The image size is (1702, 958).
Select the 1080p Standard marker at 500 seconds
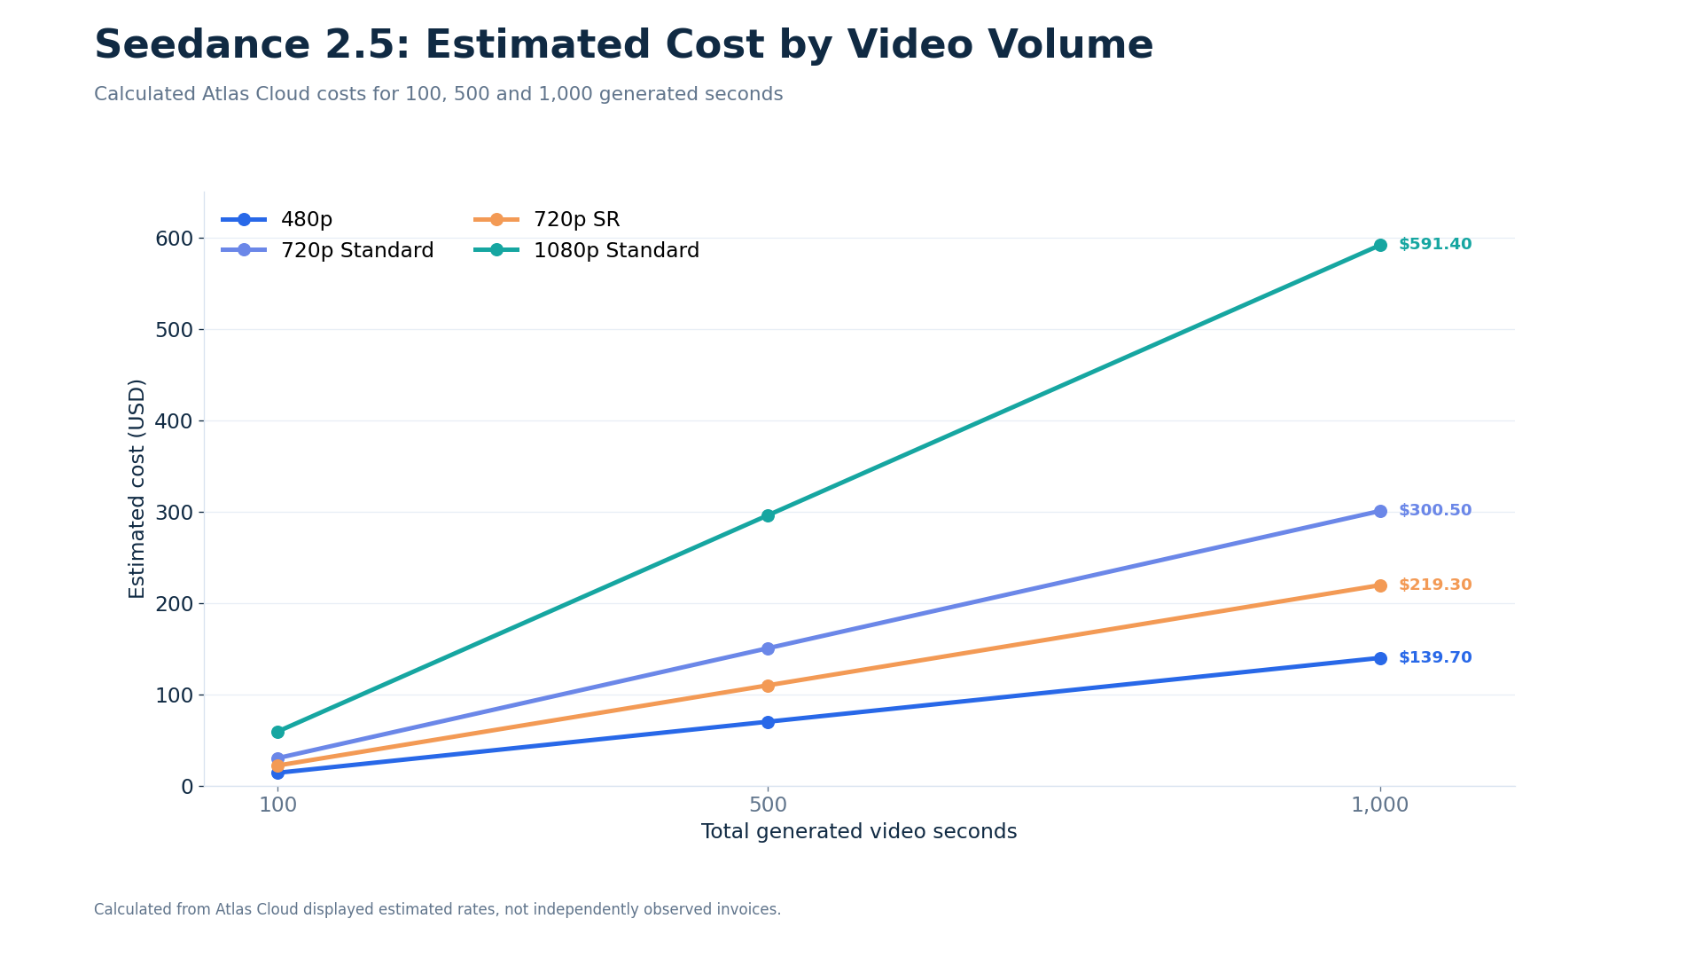pyautogui.click(x=768, y=515)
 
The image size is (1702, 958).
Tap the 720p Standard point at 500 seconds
pyautogui.click(x=768, y=648)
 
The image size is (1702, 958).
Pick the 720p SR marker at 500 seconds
pyautogui.click(x=768, y=686)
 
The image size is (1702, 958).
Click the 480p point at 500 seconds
pyautogui.click(x=768, y=722)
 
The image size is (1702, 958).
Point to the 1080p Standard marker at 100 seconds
pyautogui.click(x=277, y=732)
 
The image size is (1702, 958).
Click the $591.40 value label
pyautogui.click(x=1435, y=245)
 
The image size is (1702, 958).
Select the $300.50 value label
pyautogui.click(x=1435, y=511)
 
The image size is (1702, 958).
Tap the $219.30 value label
pyautogui.click(x=1435, y=585)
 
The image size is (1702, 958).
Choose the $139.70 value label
pyautogui.click(x=1435, y=658)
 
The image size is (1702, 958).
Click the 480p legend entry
pyautogui.click(x=277, y=220)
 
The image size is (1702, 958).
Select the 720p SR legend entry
pyautogui.click(x=547, y=220)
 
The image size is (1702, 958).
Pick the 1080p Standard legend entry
pyautogui.click(x=586, y=251)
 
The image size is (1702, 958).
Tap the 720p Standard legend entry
pyautogui.click(x=327, y=251)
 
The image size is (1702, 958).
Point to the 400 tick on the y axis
pyautogui.click(x=174, y=421)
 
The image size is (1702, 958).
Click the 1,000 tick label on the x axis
pyautogui.click(x=1379, y=805)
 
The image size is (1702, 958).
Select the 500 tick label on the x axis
pyautogui.click(x=768, y=805)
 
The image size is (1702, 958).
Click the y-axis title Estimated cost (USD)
pyautogui.click(x=137, y=489)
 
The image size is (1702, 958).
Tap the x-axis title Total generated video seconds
pyautogui.click(x=859, y=832)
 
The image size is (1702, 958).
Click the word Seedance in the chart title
pyautogui.click(x=203, y=45)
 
